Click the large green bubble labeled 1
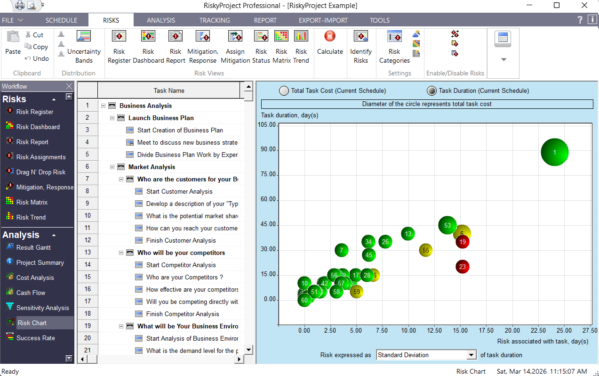(x=555, y=152)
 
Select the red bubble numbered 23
(x=463, y=267)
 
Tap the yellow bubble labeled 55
(x=426, y=250)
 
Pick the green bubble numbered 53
(x=447, y=225)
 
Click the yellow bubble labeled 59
(x=357, y=292)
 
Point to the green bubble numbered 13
(x=408, y=234)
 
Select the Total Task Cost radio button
(x=284, y=91)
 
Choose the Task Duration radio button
(x=431, y=91)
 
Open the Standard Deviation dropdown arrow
(x=471, y=355)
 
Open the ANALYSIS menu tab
(x=161, y=20)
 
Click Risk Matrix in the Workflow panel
(x=32, y=202)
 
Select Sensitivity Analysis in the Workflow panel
(x=42, y=308)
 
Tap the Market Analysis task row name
(x=152, y=167)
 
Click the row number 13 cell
(x=88, y=253)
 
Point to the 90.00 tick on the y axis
(x=269, y=150)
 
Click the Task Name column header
(x=169, y=90)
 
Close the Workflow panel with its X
(x=69, y=86)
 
